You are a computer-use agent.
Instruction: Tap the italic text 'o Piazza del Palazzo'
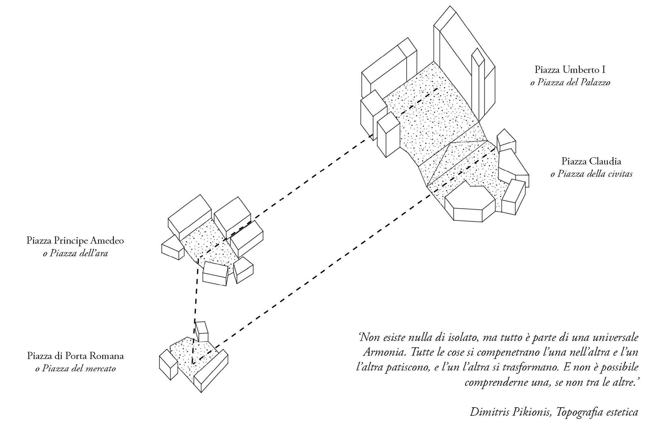click(570, 82)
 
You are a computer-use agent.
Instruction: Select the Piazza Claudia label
click(591, 161)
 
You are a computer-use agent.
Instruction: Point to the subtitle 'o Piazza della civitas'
click(591, 174)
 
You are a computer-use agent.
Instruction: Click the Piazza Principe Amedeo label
click(75, 241)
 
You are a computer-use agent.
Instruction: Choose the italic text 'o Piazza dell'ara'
click(75, 253)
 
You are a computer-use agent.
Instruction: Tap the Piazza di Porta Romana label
click(75, 356)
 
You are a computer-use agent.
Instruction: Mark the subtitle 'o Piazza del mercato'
click(75, 368)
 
